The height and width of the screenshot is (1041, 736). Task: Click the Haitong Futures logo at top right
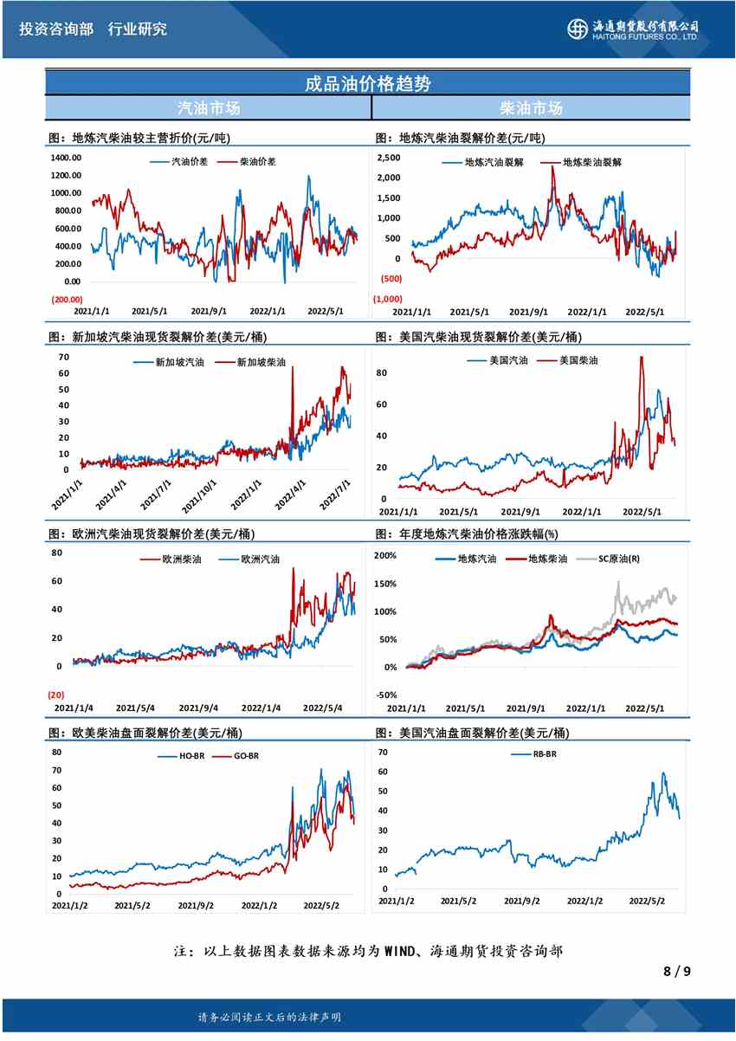tap(633, 29)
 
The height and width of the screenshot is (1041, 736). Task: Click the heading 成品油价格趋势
tap(368, 83)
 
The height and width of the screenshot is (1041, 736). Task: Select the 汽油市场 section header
tap(209, 108)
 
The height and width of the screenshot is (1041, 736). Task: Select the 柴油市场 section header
tap(531, 108)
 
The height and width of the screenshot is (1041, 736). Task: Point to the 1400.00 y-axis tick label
tap(66, 158)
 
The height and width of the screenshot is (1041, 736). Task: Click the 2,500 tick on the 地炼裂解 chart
tap(388, 158)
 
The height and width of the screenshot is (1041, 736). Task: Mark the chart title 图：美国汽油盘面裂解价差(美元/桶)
tap(473, 733)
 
